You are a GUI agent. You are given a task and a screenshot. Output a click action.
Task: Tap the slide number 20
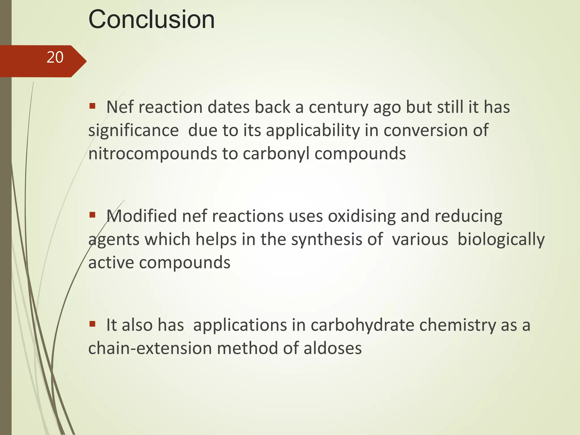(x=55, y=57)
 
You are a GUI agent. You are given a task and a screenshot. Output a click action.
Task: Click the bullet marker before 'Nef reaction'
(x=92, y=106)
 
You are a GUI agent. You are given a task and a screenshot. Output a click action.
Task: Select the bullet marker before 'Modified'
(x=92, y=215)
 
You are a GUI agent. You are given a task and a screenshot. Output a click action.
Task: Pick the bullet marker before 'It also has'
(x=92, y=323)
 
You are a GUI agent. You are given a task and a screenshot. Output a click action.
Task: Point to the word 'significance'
(x=133, y=131)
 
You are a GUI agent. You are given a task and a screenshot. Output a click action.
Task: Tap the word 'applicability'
(x=313, y=131)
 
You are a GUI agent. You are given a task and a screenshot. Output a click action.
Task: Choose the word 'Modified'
(x=142, y=216)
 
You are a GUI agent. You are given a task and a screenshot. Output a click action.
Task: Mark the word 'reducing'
(x=468, y=217)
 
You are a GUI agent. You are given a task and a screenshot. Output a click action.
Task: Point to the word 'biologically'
(x=501, y=240)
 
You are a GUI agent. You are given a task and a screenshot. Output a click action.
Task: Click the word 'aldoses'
(x=332, y=348)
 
